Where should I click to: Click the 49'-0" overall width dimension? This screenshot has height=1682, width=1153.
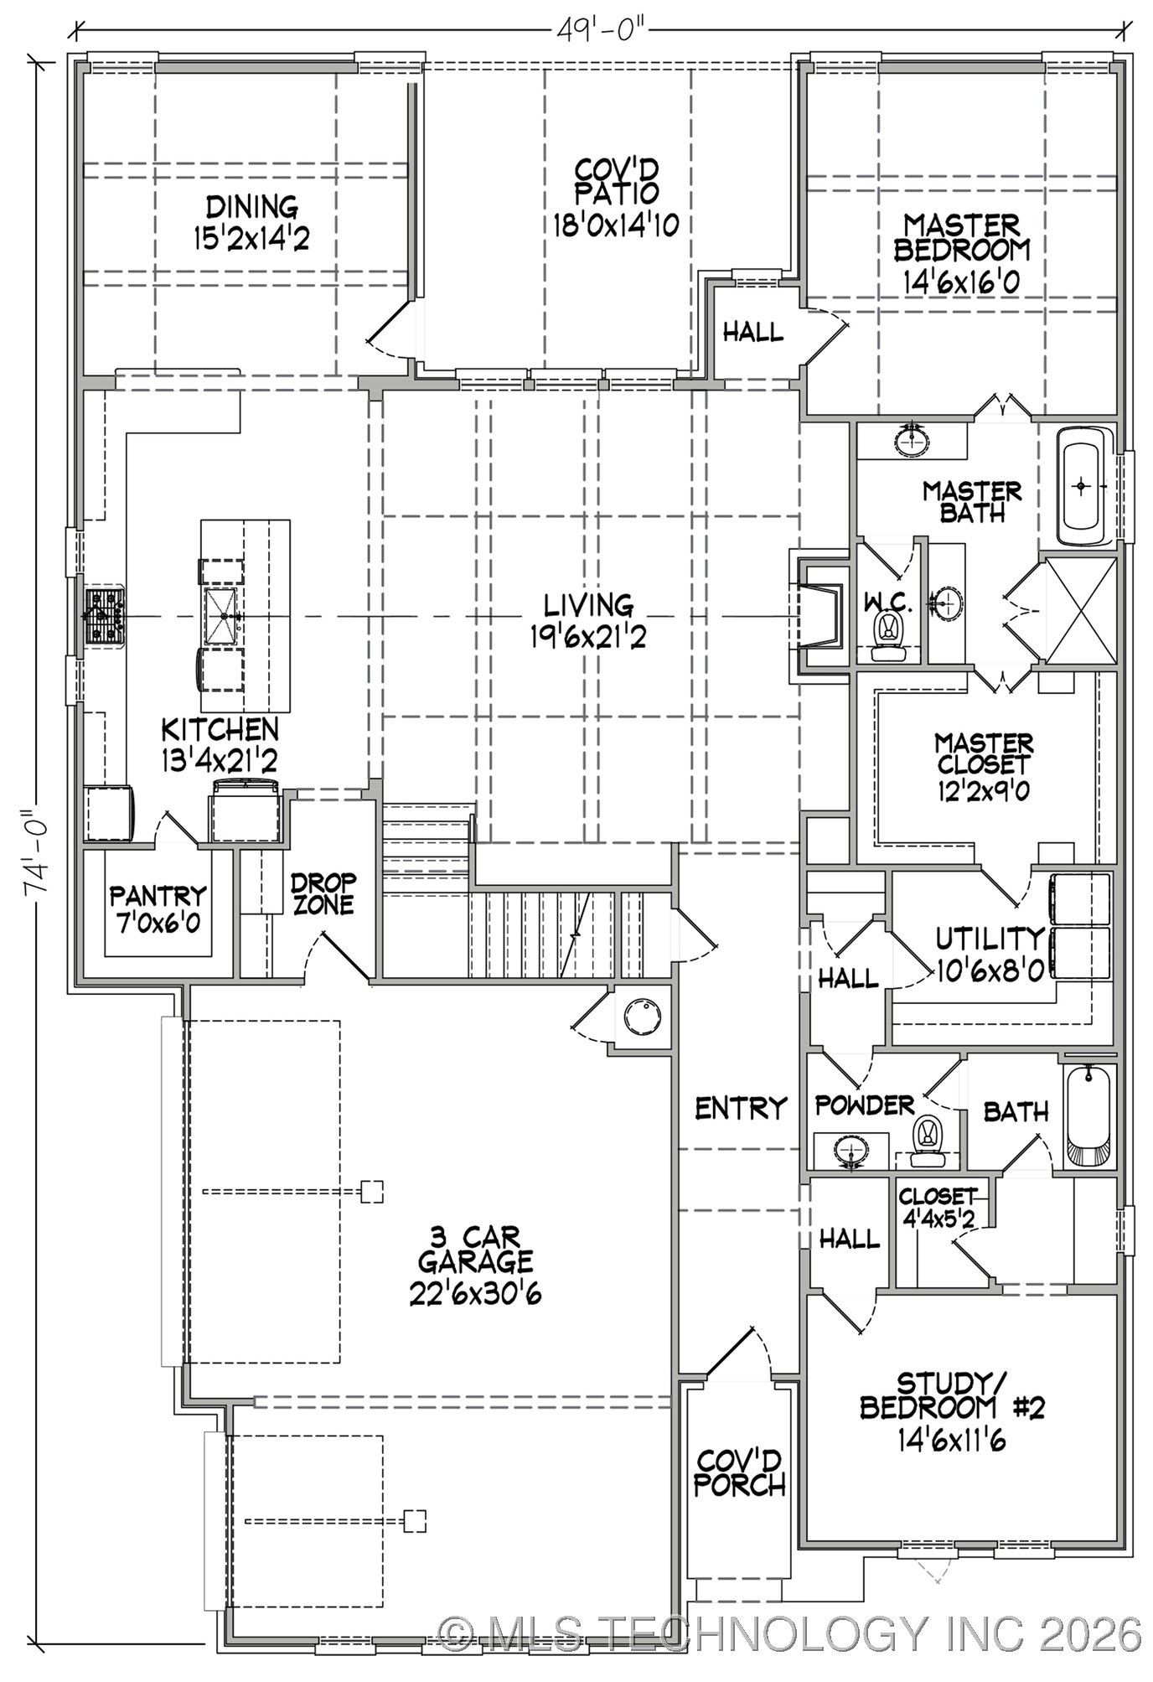click(x=600, y=30)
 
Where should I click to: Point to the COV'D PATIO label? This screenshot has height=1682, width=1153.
click(x=616, y=181)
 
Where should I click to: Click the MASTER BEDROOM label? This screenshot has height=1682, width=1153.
click(x=961, y=237)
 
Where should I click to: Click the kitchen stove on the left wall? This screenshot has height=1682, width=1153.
click(x=105, y=616)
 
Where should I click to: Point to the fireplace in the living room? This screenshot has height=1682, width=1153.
click(x=817, y=616)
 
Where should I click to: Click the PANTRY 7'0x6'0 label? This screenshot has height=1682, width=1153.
click(x=157, y=910)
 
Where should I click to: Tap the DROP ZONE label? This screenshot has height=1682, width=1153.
click(x=323, y=894)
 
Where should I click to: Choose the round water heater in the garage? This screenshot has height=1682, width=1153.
click(x=644, y=1017)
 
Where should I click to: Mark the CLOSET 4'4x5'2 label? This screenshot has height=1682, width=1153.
click(x=937, y=1208)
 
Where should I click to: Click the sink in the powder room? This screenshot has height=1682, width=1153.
click(x=851, y=1150)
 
